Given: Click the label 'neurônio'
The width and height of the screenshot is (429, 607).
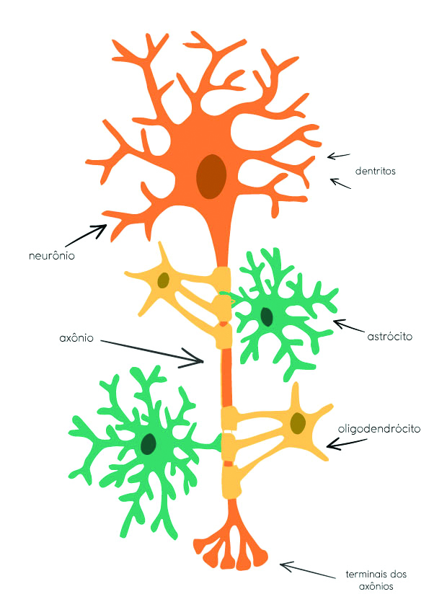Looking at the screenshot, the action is (x=52, y=256).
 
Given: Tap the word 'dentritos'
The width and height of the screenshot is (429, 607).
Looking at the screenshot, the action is (x=375, y=171).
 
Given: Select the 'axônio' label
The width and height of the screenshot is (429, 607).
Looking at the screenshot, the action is (x=76, y=338).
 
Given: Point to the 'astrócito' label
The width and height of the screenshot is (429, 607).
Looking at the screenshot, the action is (x=389, y=337).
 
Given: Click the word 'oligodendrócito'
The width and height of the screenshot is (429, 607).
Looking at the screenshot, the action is (x=379, y=428).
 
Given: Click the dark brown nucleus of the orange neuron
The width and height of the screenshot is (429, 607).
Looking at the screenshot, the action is (x=211, y=177).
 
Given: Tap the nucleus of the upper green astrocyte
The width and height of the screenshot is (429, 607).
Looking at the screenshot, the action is (x=266, y=316).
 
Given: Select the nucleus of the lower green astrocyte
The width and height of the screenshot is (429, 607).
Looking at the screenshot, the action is (x=149, y=443).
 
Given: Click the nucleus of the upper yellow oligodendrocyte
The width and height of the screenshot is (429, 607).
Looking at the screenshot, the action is (x=164, y=280).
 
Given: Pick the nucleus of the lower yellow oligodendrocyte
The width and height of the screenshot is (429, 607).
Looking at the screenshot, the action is (x=297, y=422).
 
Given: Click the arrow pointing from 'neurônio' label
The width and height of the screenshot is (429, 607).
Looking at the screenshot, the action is (x=86, y=235).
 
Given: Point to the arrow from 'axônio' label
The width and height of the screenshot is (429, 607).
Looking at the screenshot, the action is (x=152, y=352).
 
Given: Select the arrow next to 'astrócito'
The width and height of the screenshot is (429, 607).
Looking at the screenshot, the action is (x=348, y=326).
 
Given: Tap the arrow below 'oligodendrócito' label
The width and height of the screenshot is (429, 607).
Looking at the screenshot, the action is (x=347, y=443).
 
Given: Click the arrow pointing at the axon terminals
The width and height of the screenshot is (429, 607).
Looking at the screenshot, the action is (x=307, y=570).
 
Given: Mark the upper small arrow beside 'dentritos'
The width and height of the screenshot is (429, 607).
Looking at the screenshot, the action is (x=338, y=156).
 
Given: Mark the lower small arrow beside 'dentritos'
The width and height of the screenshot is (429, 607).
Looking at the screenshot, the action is (x=340, y=183).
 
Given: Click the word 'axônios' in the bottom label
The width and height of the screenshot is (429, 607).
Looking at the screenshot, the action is (x=376, y=587).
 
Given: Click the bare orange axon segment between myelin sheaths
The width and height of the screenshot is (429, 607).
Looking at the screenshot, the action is (x=226, y=378).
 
